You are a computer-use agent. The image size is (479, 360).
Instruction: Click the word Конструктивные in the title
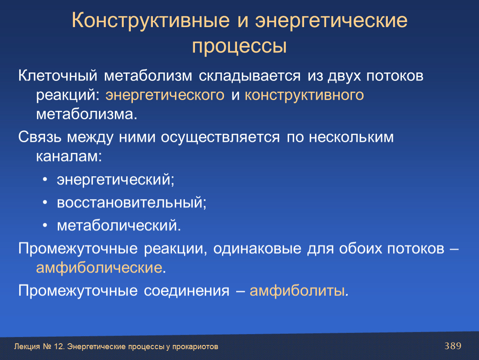pos(151,21)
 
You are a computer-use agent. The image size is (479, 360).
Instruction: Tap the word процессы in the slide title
pos(239,46)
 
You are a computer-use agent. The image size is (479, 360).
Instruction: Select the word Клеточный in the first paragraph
pos(58,75)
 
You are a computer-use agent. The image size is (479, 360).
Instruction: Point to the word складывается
pos(249,76)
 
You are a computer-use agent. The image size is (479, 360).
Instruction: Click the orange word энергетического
pos(165,95)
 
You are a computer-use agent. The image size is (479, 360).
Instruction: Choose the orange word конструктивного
pos(304,95)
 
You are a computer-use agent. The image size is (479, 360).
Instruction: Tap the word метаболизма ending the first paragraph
pos(87,114)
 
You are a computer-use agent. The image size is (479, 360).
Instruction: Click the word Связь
pos(40,137)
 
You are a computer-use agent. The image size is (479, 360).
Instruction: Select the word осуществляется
pos(220,137)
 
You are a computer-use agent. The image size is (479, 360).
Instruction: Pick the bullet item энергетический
pos(115,180)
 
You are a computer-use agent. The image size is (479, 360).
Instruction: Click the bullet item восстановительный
pos(132,202)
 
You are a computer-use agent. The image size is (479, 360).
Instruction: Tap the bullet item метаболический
pos(119,225)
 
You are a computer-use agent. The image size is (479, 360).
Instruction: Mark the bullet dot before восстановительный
pos(45,202)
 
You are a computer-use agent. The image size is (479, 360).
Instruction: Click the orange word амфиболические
pos(99,268)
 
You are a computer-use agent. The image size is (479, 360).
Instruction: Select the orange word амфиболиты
pos(297,291)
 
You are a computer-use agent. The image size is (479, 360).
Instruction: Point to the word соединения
pos(186,291)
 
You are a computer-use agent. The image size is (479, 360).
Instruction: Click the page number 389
pos(453,346)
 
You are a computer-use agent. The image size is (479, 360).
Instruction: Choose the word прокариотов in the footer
pos(195,347)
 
